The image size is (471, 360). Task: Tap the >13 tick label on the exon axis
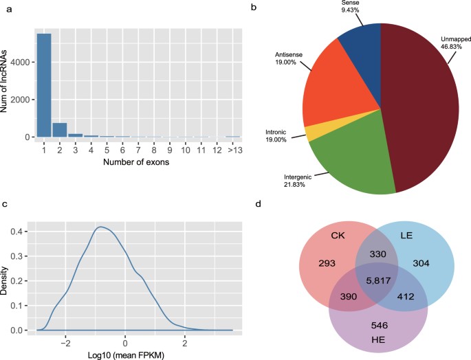click(232, 149)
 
